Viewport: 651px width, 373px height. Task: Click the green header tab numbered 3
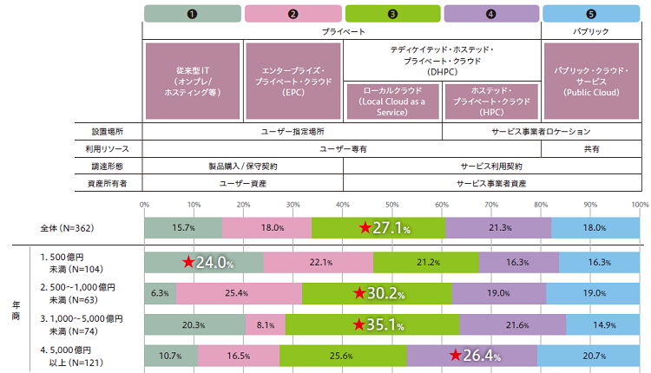(x=393, y=13)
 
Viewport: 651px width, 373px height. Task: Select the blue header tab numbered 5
(x=591, y=13)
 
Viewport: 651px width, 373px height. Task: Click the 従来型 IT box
(x=194, y=80)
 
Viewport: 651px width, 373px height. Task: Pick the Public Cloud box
(x=591, y=80)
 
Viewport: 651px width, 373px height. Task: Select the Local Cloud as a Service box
(x=392, y=101)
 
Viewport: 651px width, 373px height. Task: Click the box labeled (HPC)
(x=492, y=101)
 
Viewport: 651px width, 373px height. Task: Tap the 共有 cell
(x=591, y=149)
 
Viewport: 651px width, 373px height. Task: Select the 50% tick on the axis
(x=392, y=205)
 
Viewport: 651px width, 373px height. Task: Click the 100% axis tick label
(x=640, y=205)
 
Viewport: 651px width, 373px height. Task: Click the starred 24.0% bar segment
(x=203, y=263)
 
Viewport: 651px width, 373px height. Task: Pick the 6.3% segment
(x=160, y=293)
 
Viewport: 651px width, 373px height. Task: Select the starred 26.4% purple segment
(x=472, y=355)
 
